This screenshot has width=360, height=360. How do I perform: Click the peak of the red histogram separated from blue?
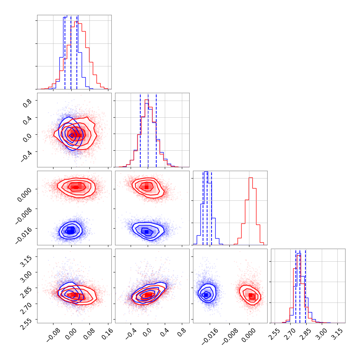click(251, 178)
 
